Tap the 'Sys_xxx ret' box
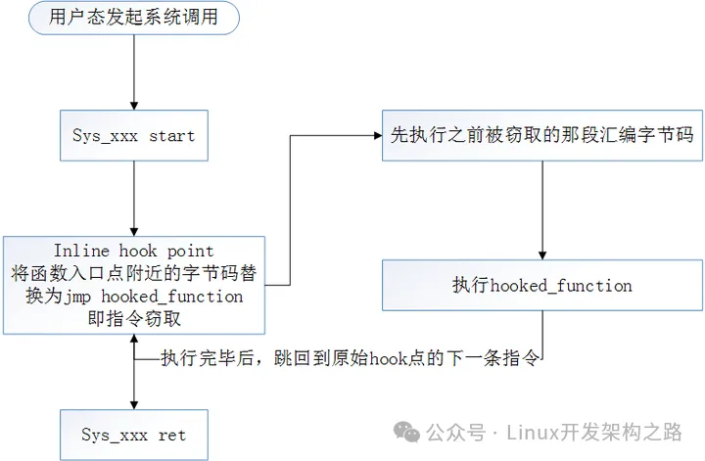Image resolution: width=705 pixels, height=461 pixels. (x=134, y=433)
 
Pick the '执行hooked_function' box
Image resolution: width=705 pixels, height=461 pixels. (x=541, y=286)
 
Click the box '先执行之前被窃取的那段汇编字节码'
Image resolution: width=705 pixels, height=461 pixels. (x=541, y=135)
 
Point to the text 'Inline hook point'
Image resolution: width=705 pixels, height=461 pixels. (x=134, y=251)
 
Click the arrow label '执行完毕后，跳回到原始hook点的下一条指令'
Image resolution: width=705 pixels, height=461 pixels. (x=350, y=358)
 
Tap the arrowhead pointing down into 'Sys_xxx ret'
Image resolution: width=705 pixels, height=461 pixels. (x=134, y=402)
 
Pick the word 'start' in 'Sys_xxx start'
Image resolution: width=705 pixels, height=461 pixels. (x=172, y=135)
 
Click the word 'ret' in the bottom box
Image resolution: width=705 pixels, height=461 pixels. (x=172, y=433)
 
